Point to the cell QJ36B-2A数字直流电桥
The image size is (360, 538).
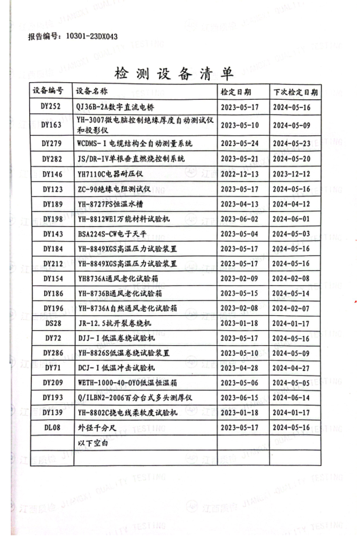[x=115, y=107]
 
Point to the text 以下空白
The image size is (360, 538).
[x=92, y=443]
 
